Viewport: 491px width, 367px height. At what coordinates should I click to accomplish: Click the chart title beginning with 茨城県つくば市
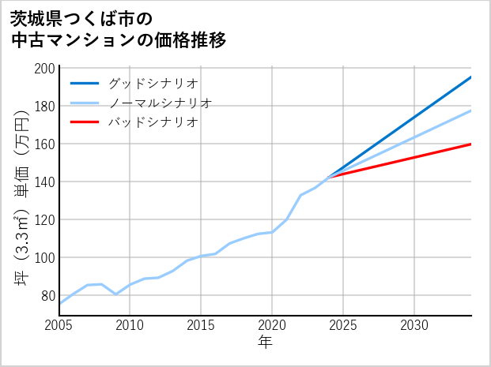(x=119, y=29)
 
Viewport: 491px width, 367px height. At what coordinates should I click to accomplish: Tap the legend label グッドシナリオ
(x=153, y=83)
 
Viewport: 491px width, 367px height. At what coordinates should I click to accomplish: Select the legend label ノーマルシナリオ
(x=160, y=103)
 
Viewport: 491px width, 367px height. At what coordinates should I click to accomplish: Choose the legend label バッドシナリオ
(x=153, y=122)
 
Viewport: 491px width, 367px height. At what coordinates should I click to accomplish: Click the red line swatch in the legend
(x=85, y=122)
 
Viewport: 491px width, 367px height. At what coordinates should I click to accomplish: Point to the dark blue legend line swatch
(x=85, y=83)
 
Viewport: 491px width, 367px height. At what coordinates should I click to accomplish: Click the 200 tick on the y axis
(x=45, y=69)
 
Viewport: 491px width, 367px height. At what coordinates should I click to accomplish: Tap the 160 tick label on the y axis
(x=45, y=144)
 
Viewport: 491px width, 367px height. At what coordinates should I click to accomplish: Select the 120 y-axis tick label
(x=45, y=220)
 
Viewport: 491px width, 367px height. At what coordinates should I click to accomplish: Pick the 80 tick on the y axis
(x=48, y=296)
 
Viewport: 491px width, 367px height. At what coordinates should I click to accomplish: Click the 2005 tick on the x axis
(x=59, y=325)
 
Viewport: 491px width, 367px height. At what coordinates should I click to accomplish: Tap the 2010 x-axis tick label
(x=130, y=325)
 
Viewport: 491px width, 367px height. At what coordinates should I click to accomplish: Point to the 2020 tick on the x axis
(x=272, y=325)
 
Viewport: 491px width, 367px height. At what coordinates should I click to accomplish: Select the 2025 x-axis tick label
(x=343, y=325)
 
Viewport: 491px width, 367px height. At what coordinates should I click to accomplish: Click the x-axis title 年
(x=266, y=343)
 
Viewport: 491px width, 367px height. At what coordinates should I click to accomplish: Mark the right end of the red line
(x=471, y=144)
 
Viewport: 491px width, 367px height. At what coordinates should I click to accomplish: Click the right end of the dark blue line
(x=471, y=77)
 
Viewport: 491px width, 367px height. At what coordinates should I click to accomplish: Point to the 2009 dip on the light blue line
(x=116, y=294)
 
